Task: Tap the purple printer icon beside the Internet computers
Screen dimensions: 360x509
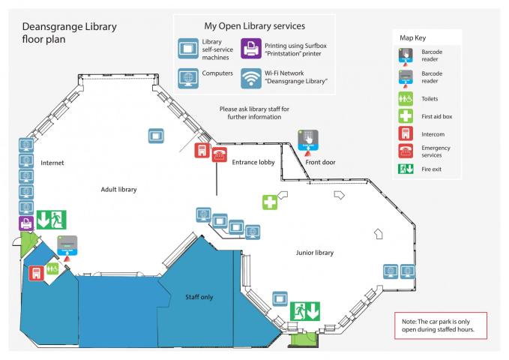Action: (x=25, y=223)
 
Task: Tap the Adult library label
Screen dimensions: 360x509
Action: (x=118, y=190)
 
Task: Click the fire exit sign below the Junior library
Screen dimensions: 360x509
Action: (x=305, y=309)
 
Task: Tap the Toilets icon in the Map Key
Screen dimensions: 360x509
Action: (x=406, y=98)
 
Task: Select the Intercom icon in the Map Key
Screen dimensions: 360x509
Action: (x=406, y=133)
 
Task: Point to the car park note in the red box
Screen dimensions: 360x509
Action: (x=440, y=325)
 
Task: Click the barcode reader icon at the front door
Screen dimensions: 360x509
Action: (x=309, y=140)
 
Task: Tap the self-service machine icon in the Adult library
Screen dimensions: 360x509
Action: (x=156, y=136)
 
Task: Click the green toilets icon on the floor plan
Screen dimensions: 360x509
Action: (x=52, y=268)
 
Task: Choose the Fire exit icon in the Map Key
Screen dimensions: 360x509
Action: (x=406, y=169)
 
